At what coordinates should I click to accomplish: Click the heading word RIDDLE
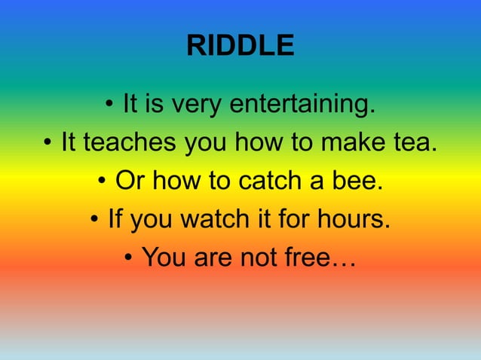240,47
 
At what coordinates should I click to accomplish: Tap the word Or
127,182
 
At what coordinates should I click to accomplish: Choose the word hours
351,220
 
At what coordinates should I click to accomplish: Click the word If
115,220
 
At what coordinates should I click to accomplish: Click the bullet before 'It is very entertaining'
110,105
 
